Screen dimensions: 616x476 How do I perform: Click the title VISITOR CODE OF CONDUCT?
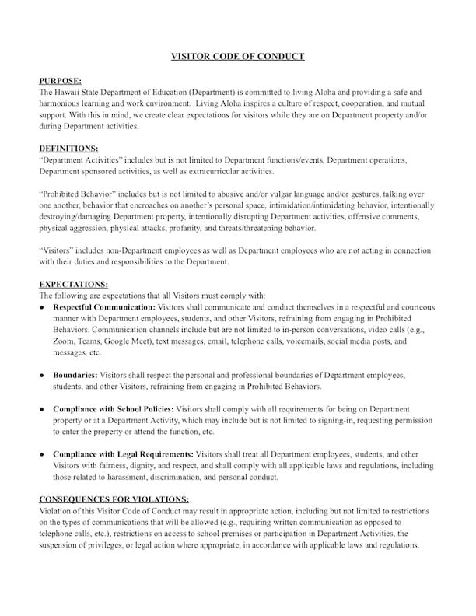tap(238, 56)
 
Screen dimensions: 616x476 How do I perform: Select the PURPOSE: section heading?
tap(59, 80)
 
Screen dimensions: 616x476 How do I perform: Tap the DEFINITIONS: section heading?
tap(68, 148)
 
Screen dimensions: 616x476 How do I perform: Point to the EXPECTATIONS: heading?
tap(73, 285)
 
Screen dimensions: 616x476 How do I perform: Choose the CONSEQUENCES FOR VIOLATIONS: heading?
tap(114, 499)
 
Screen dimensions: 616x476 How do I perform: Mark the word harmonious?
tap(61, 103)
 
